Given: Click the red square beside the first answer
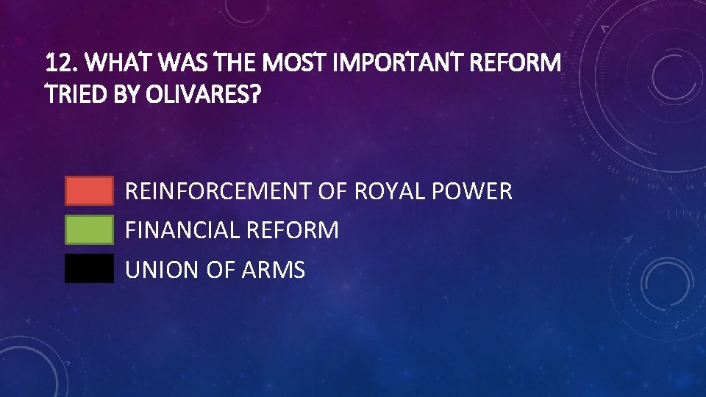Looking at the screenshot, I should [x=89, y=190].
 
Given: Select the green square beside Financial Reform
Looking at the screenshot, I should [x=89, y=229].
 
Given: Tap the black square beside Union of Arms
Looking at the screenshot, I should [x=89, y=269].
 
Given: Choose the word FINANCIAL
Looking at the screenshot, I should [x=183, y=230].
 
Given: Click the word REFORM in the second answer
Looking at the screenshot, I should [x=293, y=230].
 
